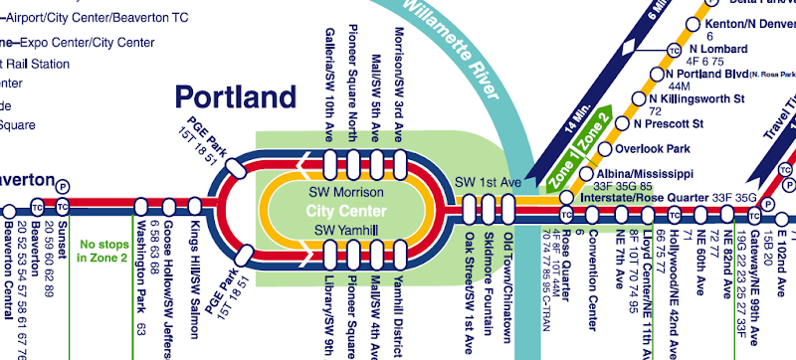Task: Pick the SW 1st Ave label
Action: click(488, 183)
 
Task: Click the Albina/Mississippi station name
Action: click(641, 172)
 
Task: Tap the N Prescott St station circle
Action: click(625, 124)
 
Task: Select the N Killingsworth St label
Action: click(696, 99)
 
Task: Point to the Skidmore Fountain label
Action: click(489, 278)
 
